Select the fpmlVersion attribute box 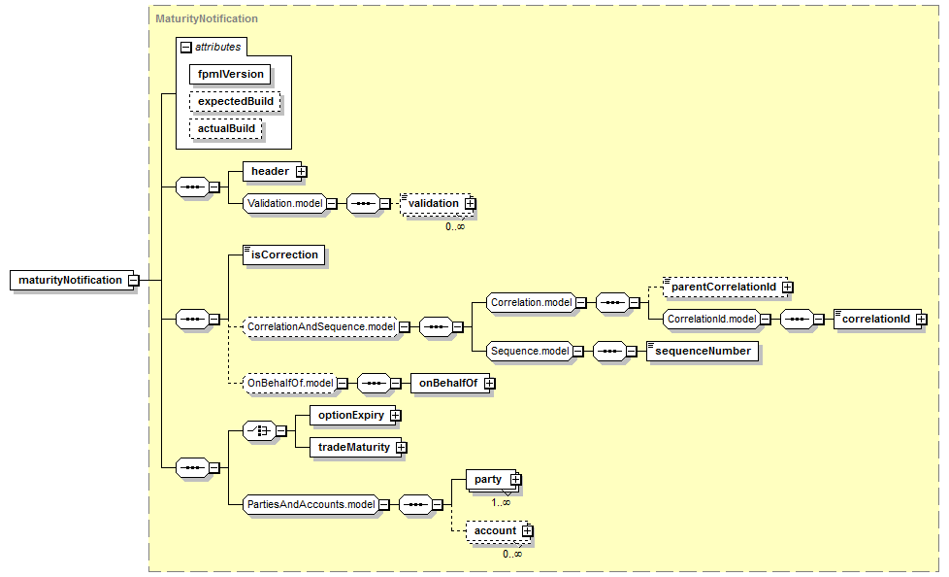point(230,73)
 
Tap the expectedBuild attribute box point(235,101)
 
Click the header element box point(269,172)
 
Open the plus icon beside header point(301,172)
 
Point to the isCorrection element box point(283,255)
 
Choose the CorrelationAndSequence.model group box point(319,327)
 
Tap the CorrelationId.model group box point(709,318)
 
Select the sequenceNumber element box point(703,351)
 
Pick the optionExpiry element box point(348,416)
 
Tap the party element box point(487,479)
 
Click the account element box point(494,531)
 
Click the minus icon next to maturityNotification point(134,280)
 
